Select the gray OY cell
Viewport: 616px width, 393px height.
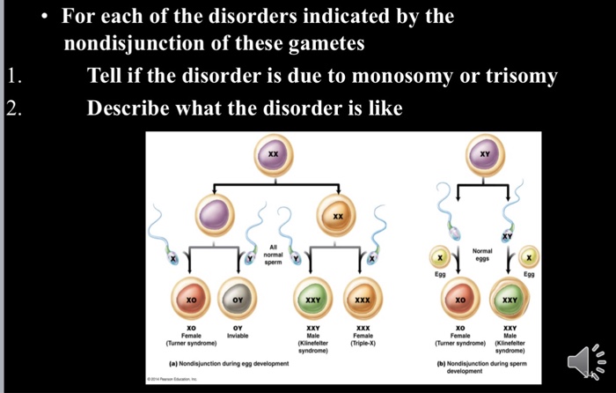(x=237, y=300)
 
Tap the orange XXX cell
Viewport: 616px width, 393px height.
(x=362, y=300)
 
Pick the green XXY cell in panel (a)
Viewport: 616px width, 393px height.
(x=312, y=300)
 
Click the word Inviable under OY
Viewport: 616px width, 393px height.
(x=238, y=335)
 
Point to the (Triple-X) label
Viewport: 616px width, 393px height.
(x=362, y=343)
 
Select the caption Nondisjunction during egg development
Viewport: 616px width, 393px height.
(x=218, y=363)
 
